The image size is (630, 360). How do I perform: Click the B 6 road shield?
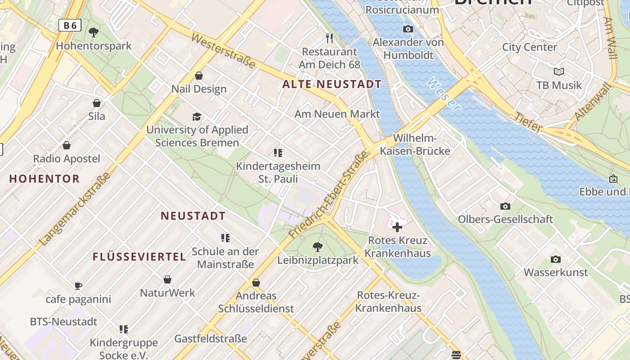tap(70, 25)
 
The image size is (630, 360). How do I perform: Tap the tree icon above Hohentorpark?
tap(94, 32)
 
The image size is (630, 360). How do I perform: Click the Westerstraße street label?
tap(223, 50)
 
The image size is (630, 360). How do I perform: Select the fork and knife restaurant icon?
tap(329, 38)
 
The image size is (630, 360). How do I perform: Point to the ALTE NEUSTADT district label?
tap(332, 84)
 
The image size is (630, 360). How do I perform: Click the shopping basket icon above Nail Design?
tap(199, 76)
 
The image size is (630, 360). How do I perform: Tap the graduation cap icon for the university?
tap(197, 117)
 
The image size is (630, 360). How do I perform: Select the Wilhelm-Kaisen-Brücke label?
tap(415, 144)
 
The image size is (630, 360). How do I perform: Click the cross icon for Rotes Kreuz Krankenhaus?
tap(397, 227)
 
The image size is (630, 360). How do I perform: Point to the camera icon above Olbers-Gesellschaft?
tap(505, 206)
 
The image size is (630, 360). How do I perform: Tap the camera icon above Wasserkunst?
tap(555, 259)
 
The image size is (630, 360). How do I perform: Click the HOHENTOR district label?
tap(44, 179)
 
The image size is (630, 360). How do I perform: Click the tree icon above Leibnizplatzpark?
tap(318, 247)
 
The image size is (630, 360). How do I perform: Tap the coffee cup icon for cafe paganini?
tap(78, 286)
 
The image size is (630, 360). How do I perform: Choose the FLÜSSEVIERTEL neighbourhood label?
tap(139, 257)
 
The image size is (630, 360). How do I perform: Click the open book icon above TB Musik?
tap(558, 72)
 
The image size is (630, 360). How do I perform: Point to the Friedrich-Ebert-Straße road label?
tap(328, 196)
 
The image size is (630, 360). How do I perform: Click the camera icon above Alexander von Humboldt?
tap(408, 29)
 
